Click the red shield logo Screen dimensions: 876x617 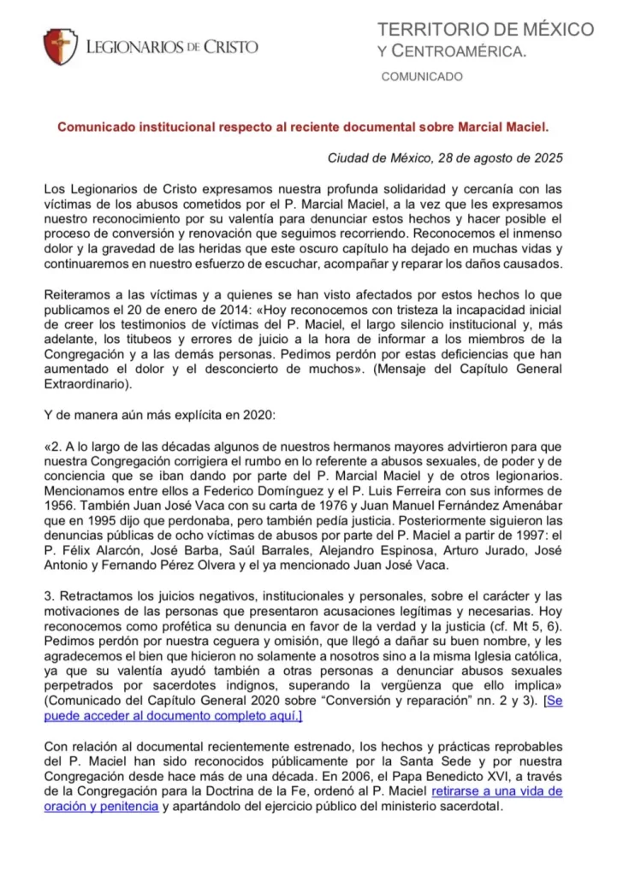point(61,46)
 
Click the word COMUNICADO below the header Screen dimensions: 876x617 point(421,77)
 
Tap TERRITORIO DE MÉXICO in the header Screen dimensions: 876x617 point(485,30)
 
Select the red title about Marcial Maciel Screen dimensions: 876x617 point(303,126)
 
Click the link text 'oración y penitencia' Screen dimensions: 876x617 point(101,806)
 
